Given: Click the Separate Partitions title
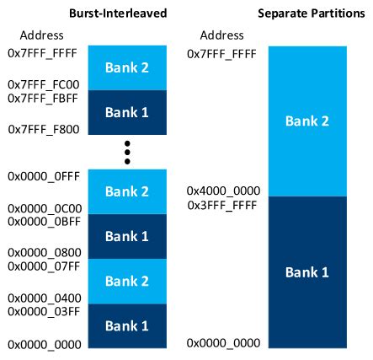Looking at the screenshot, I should coord(301,13).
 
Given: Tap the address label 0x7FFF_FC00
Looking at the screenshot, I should coord(40,85).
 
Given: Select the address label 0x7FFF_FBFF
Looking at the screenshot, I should coord(40,99).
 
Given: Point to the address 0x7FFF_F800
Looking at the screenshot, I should coord(40,130).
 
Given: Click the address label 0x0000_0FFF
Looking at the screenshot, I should coord(40,177).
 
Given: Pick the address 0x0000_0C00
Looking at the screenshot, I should coord(40,207).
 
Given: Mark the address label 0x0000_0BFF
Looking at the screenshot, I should coord(40,221).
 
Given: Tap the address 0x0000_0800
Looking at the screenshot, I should coord(40,252).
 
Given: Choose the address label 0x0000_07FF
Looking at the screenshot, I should coord(40,266).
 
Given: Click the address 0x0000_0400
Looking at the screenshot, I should coord(40,298).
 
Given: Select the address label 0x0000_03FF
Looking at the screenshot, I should coord(40,311).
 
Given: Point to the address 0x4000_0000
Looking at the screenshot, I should coord(221,191).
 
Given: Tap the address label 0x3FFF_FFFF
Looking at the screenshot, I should coord(221,205).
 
